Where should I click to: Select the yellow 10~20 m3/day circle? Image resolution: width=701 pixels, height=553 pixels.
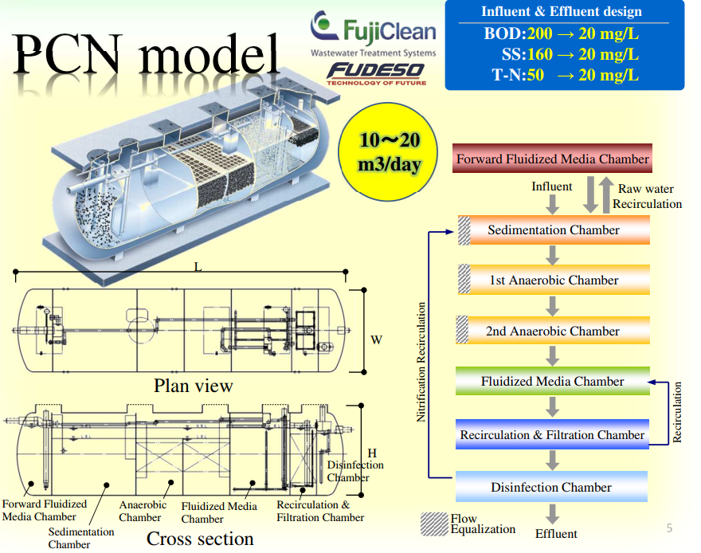coord(388,152)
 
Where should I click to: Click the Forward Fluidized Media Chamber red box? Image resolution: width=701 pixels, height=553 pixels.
coord(552,159)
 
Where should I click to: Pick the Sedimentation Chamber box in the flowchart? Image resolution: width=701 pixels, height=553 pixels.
coord(554,230)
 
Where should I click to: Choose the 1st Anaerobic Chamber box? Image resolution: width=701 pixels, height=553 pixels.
coord(554,280)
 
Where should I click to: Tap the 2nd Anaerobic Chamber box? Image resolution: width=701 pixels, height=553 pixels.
coord(554,331)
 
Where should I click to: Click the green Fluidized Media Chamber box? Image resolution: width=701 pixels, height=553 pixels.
coord(552,382)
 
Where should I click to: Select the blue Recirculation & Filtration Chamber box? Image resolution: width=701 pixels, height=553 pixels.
coord(552,435)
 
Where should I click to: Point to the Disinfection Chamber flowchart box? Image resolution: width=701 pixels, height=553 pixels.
coord(551,487)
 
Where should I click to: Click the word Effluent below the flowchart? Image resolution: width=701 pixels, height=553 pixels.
coord(556,533)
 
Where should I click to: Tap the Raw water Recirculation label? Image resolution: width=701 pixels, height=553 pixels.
coord(647,196)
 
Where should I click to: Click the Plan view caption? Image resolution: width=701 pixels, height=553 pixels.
coord(194,386)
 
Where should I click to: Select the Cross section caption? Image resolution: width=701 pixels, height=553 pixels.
coord(200,539)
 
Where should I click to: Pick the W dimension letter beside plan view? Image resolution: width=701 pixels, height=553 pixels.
coord(376,340)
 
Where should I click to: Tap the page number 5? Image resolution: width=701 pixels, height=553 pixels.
coord(668,528)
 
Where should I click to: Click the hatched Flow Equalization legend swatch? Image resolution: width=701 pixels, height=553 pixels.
coord(434,523)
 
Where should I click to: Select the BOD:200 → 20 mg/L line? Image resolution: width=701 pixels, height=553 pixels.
coord(561,34)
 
